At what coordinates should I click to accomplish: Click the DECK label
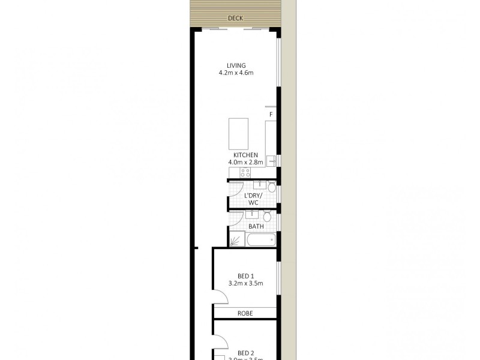click(x=235, y=19)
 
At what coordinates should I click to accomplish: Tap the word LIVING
click(x=236, y=66)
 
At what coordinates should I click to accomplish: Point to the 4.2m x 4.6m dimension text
click(x=236, y=73)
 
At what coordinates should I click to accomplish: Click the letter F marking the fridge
click(x=271, y=115)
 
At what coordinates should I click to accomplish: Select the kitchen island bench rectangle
click(x=239, y=134)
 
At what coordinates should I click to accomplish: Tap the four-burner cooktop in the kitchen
click(x=245, y=172)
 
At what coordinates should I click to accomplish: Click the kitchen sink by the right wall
click(x=271, y=161)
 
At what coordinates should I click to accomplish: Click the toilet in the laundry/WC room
click(x=271, y=188)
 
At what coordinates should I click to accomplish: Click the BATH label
click(x=256, y=226)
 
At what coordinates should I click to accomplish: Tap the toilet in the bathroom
click(x=268, y=215)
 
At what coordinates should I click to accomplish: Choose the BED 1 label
click(x=245, y=276)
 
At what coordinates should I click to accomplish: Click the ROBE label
click(x=245, y=313)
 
